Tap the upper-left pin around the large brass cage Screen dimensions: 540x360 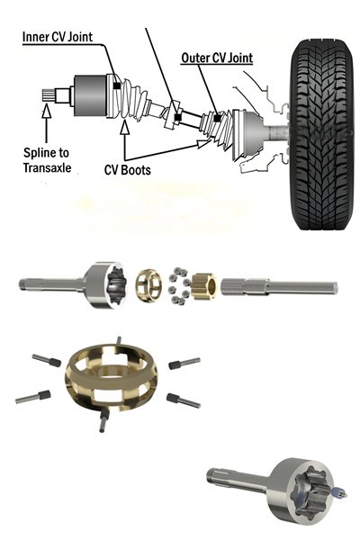44,361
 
